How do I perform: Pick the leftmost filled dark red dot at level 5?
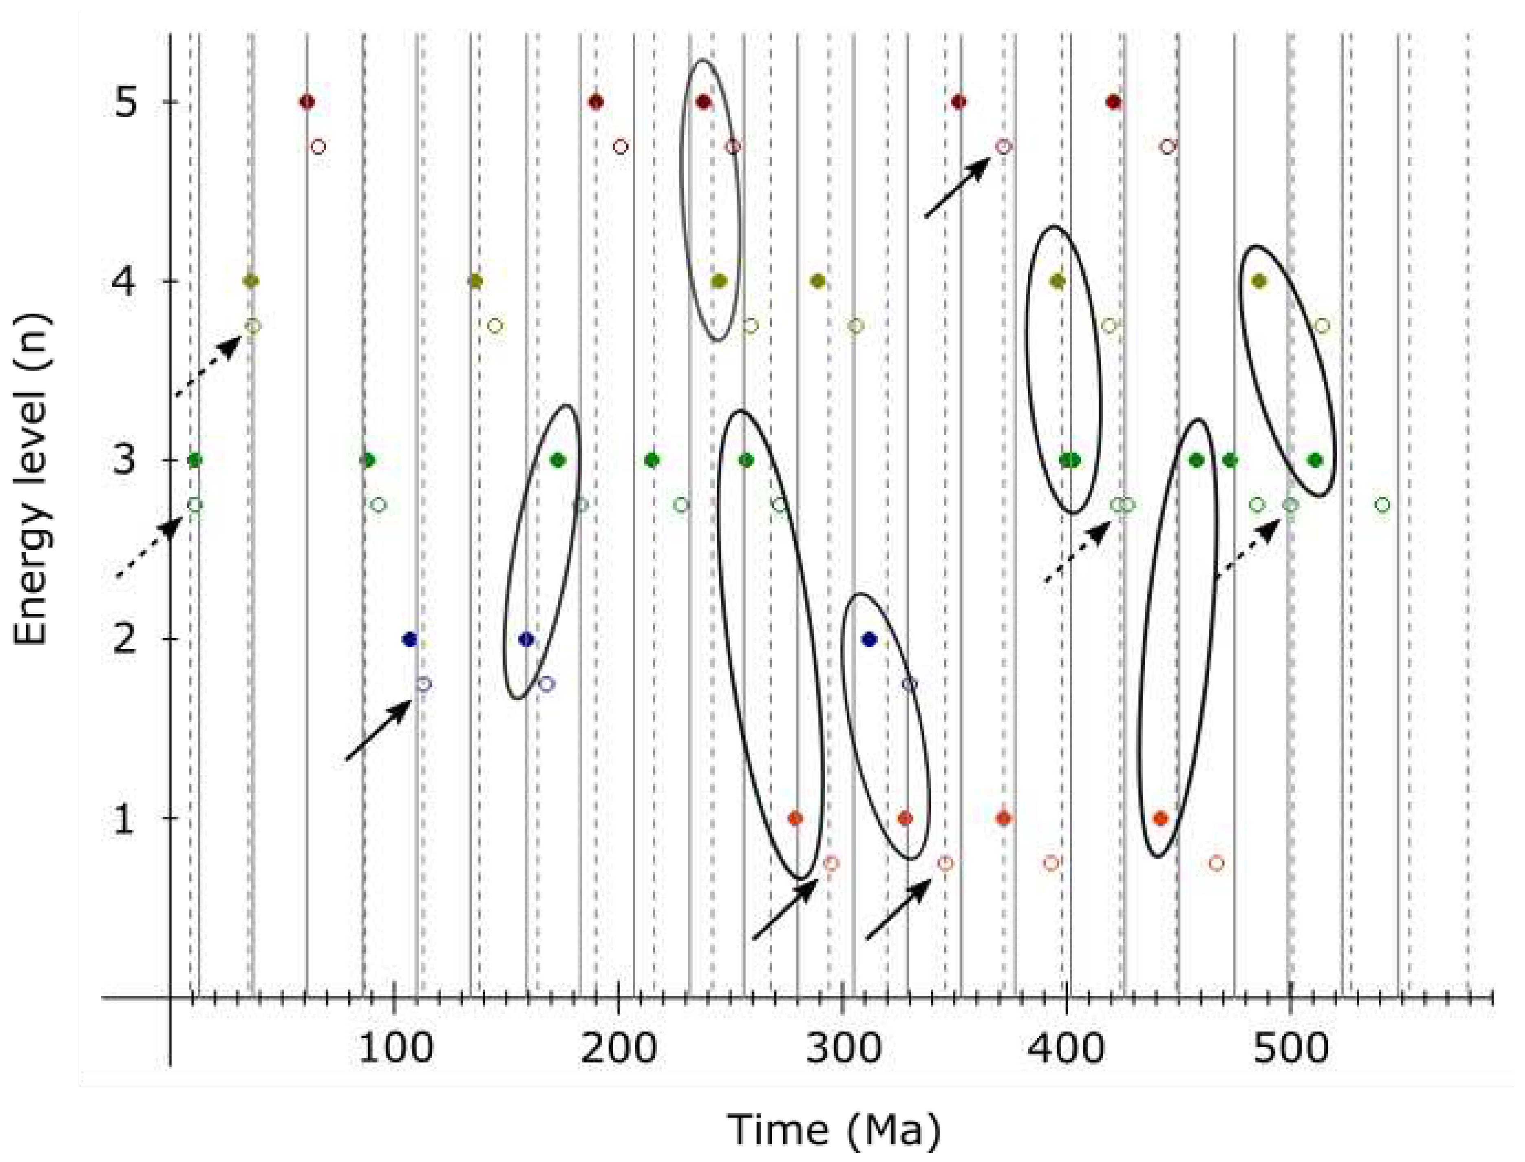tap(307, 102)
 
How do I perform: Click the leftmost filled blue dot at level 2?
tap(409, 639)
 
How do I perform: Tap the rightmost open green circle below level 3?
tap(1382, 505)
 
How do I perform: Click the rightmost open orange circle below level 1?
tap(1217, 863)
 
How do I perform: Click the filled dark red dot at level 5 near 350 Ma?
tap(958, 102)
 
